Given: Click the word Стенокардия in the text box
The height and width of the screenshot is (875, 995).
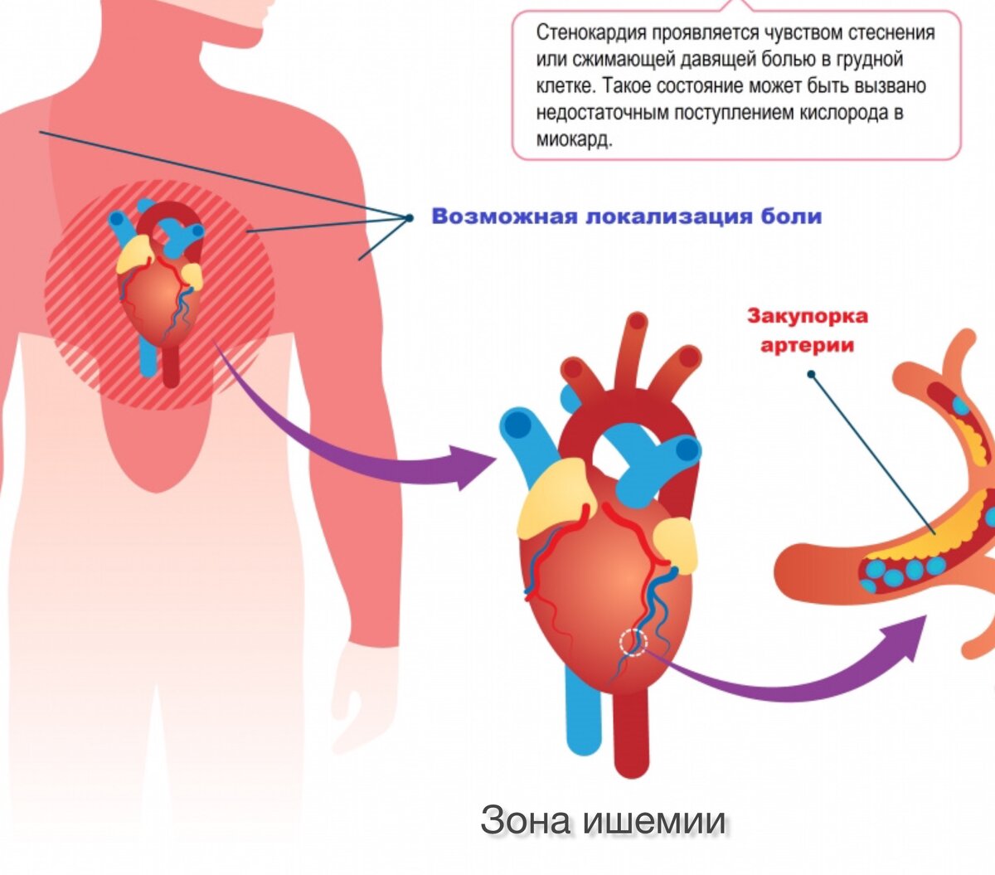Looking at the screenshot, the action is point(591,33).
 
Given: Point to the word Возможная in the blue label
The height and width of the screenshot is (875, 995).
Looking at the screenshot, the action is point(504,216).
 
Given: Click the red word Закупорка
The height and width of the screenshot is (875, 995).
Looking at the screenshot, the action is point(795,316).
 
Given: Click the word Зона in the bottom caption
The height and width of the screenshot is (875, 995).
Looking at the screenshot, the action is point(526,820).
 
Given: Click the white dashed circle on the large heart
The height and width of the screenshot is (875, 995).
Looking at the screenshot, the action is point(633,642).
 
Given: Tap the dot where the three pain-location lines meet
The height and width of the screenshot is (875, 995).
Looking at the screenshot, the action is point(409,218).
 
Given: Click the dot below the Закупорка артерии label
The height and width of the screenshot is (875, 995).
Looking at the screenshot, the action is point(811,374).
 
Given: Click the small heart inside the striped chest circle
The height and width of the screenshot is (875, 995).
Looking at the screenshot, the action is point(158,299).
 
